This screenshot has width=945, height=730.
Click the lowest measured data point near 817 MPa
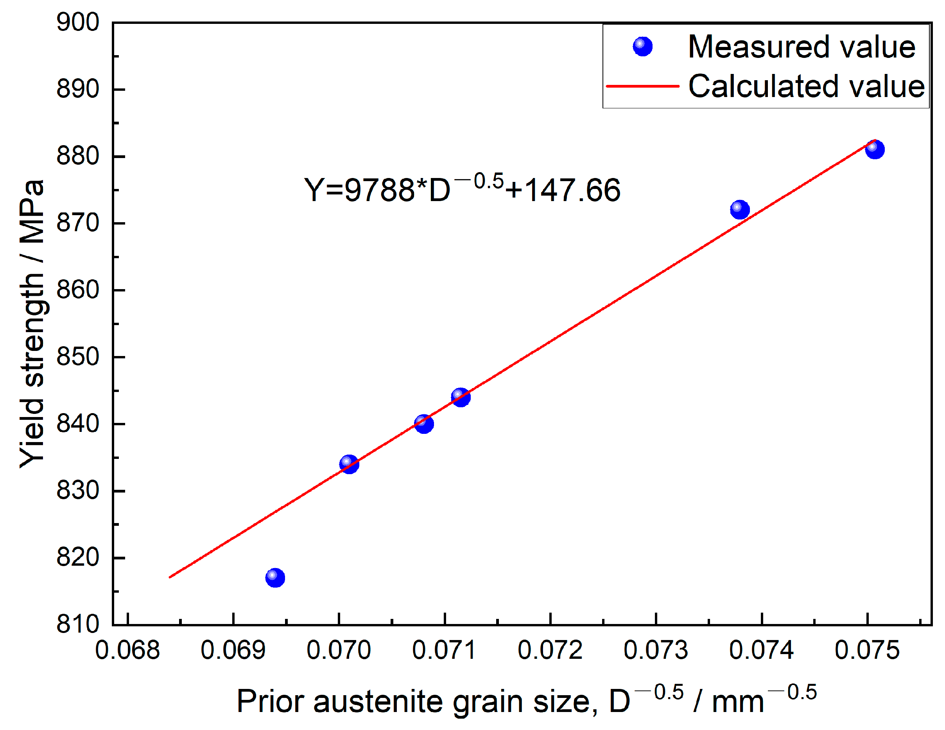[275, 577]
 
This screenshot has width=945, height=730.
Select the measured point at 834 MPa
[349, 464]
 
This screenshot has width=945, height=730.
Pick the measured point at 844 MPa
[461, 397]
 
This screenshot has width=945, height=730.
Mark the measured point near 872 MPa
[740, 210]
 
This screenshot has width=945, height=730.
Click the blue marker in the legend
[642, 46]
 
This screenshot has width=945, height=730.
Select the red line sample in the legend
[642, 86]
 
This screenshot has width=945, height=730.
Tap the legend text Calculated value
[806, 86]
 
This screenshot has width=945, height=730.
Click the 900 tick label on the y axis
[78, 23]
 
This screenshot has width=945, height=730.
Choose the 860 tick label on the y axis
[78, 290]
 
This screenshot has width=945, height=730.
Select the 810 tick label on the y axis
[78, 624]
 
